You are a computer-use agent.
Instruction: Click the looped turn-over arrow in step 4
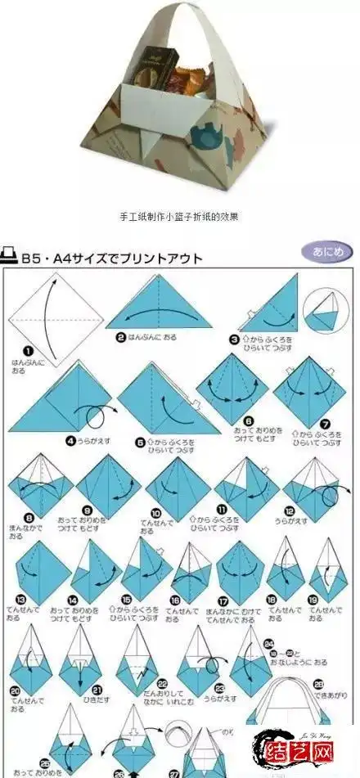click(96, 408)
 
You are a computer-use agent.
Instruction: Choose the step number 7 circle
click(326, 424)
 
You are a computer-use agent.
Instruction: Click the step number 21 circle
click(96, 689)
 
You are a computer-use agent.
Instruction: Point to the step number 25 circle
click(43, 762)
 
